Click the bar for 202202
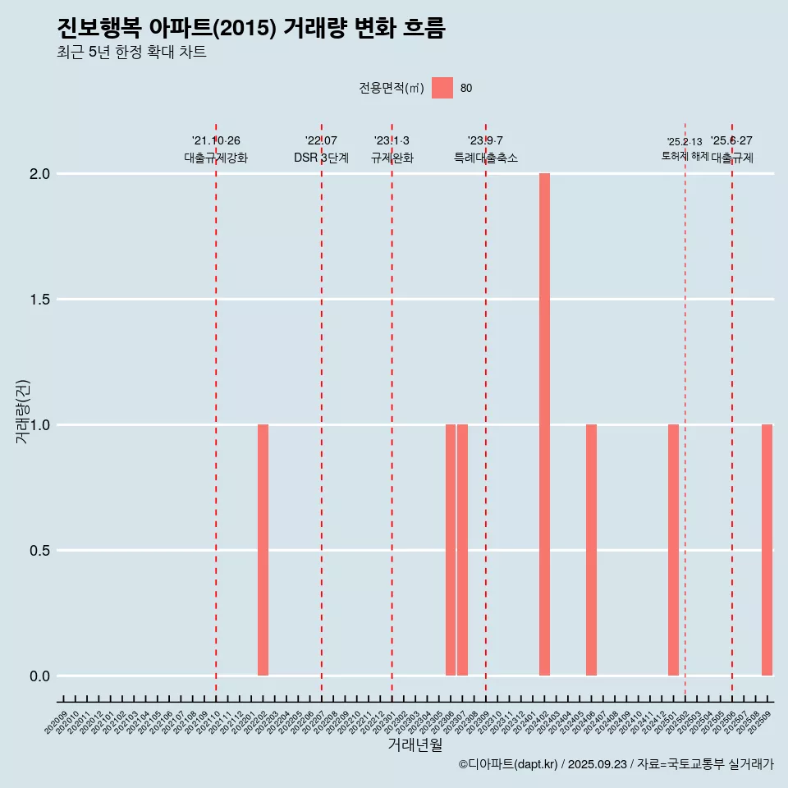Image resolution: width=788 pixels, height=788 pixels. coord(263,550)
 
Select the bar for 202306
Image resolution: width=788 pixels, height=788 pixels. coord(451,550)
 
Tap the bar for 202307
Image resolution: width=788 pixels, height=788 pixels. coord(462,550)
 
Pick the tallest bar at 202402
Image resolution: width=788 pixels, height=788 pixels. coord(544,424)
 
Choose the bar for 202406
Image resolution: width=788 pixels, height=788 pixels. coord(591,550)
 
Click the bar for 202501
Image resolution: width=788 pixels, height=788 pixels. coord(673,550)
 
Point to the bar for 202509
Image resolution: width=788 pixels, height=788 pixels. coord(767,550)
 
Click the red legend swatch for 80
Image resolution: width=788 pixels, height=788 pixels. coord(442,88)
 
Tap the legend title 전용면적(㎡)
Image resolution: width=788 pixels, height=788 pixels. coord(392,88)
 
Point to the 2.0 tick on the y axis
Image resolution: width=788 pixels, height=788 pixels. coord(39,174)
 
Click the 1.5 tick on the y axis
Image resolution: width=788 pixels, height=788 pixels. coord(39,300)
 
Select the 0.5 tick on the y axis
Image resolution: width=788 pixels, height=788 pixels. coord(39,551)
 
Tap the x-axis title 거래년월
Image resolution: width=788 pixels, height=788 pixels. coord(415,745)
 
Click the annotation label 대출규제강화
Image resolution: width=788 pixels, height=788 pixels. coord(216,158)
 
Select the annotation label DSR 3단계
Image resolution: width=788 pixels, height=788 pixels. coord(321,158)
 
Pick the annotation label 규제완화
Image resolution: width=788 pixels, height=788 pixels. coord(392,158)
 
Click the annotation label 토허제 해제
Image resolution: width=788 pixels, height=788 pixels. coord(685,156)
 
